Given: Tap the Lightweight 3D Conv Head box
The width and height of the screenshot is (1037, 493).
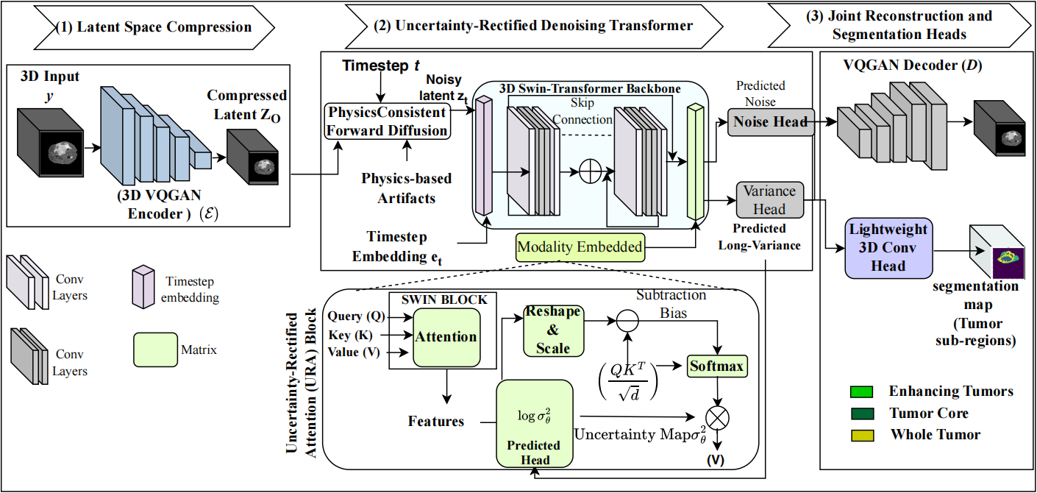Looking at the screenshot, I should (888, 247).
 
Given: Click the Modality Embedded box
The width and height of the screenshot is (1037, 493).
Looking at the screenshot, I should (580, 247).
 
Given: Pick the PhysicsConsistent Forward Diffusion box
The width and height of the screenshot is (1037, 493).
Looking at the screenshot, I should (388, 121).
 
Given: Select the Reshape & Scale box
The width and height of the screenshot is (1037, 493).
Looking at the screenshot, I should (552, 330).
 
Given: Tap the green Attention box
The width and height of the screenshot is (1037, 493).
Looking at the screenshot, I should (446, 336).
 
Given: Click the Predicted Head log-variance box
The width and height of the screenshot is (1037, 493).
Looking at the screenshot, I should (534, 424).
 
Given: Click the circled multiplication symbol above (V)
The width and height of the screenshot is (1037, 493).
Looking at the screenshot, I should (717, 417).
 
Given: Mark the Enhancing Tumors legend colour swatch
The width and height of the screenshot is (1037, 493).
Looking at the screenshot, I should (861, 391).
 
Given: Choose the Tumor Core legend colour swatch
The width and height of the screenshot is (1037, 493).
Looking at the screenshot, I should (861, 414).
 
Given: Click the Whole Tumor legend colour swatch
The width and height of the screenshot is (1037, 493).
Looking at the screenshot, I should (861, 435).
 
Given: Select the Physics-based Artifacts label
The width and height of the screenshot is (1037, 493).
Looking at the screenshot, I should (407, 188).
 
